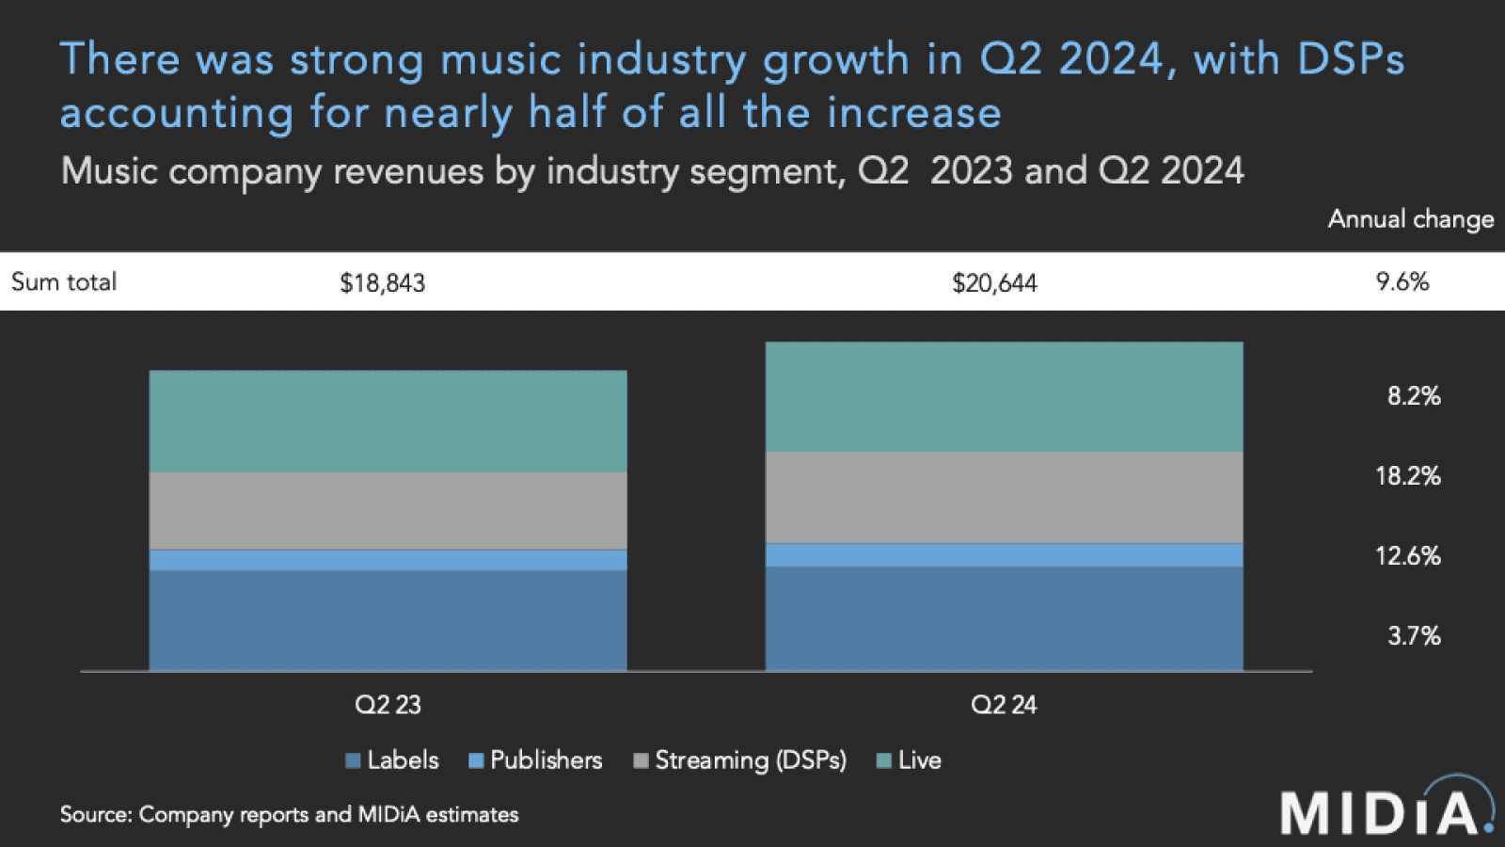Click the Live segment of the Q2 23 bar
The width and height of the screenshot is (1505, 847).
pos(388,421)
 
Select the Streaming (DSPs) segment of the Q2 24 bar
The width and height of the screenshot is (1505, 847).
pos(1004,497)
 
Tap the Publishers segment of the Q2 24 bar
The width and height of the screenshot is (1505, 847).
pos(1004,554)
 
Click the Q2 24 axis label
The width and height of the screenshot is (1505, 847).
pos(1004,705)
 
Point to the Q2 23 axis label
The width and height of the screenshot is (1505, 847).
pos(388,705)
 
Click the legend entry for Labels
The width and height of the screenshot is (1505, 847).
pos(392,760)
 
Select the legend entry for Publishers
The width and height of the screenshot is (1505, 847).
pos(535,760)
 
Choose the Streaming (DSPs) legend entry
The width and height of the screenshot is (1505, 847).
pos(740,760)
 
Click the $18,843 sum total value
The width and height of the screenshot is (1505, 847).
pos(382,282)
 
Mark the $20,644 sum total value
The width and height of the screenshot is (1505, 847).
pos(994,282)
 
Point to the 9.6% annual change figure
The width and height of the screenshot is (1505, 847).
pos(1402,281)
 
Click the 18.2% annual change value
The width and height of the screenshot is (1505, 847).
pos(1407,476)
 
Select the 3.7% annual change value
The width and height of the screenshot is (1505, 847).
pos(1414,636)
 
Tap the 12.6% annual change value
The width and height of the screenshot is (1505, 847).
pos(1407,556)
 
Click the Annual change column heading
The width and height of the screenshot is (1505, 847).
pos(1410,219)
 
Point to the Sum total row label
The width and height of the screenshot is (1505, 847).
pos(64,281)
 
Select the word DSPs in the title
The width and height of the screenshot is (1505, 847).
pos(1351,59)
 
